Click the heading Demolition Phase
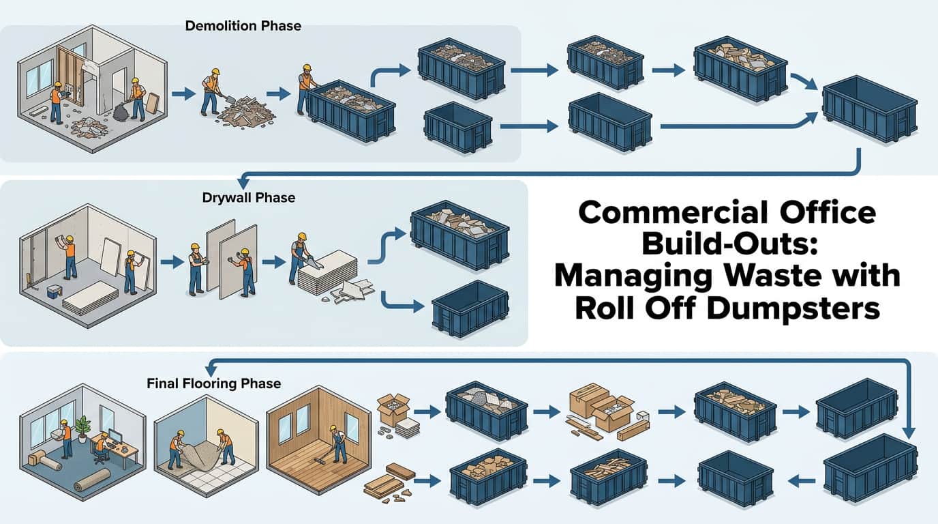click(243, 27)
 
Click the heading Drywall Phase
click(248, 198)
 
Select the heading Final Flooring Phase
click(213, 383)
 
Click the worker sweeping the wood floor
click(334, 447)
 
